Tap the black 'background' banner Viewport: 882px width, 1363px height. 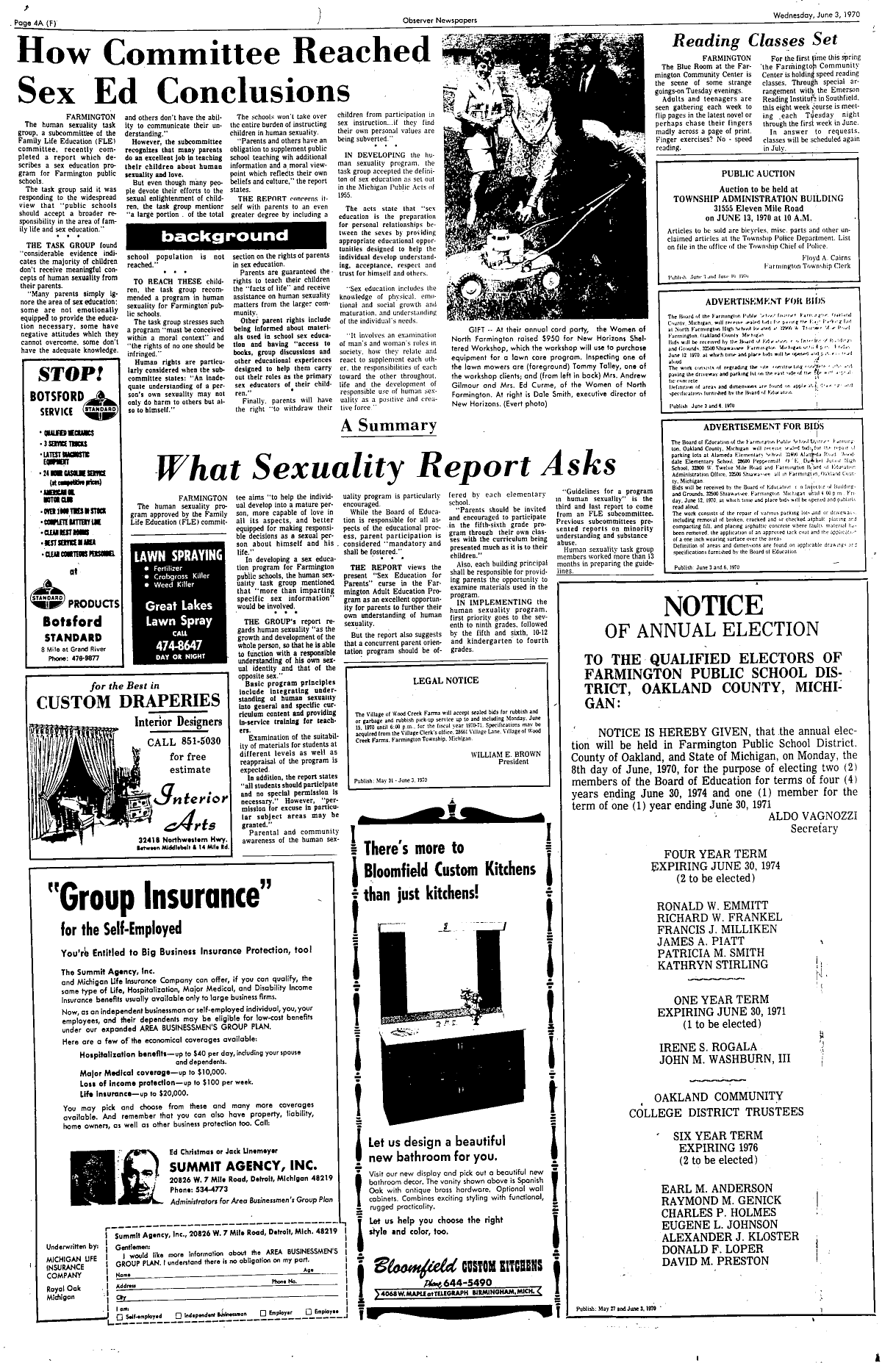(225, 237)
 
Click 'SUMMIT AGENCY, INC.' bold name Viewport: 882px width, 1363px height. (244, 1166)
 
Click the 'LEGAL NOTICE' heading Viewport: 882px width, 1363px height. (445, 680)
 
